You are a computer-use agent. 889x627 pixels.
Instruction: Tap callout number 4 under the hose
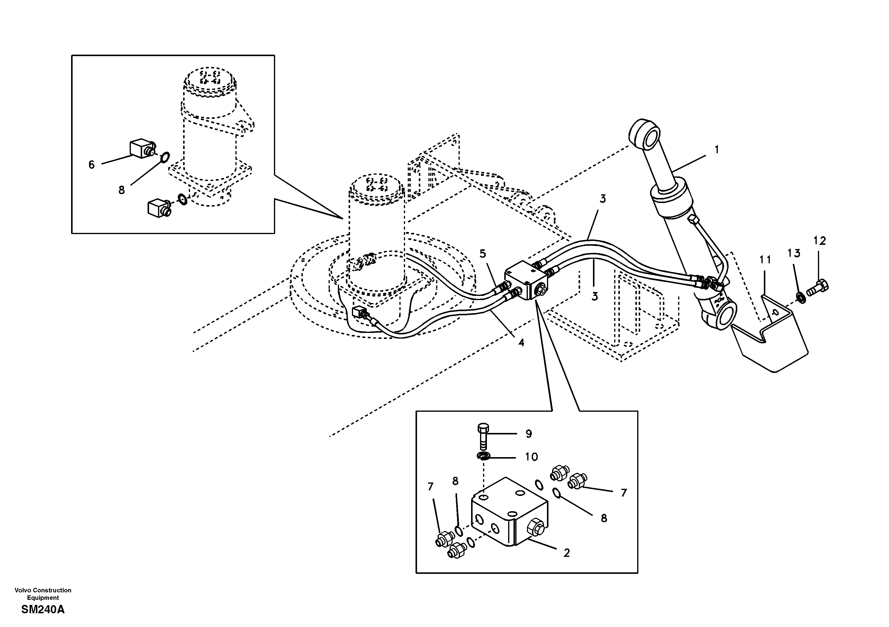tap(521, 342)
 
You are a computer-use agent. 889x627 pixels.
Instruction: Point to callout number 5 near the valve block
tap(482, 254)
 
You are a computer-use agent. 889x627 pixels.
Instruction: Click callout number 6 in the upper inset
tap(91, 165)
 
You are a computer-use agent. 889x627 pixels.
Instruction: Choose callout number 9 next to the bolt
tap(528, 434)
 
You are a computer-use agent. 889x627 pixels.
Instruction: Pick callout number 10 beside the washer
tap(531, 457)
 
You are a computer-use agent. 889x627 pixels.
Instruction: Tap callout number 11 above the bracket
tap(765, 260)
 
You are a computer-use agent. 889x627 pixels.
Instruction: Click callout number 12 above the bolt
tap(820, 241)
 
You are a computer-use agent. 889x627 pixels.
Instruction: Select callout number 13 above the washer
tap(794, 253)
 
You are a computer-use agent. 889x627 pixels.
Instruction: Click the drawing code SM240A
tap(43, 610)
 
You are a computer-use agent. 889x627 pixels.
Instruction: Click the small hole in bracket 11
tap(775, 312)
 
